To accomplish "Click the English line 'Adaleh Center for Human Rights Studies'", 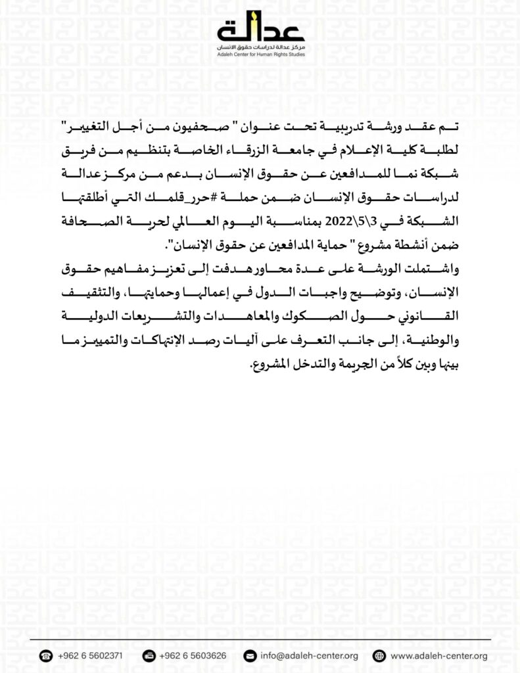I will tap(260, 55).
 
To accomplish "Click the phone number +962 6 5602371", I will tap(89, 656).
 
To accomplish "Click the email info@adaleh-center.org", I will tap(309, 656).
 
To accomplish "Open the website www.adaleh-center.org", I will tap(438, 656).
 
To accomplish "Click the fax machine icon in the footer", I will tap(149, 656).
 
